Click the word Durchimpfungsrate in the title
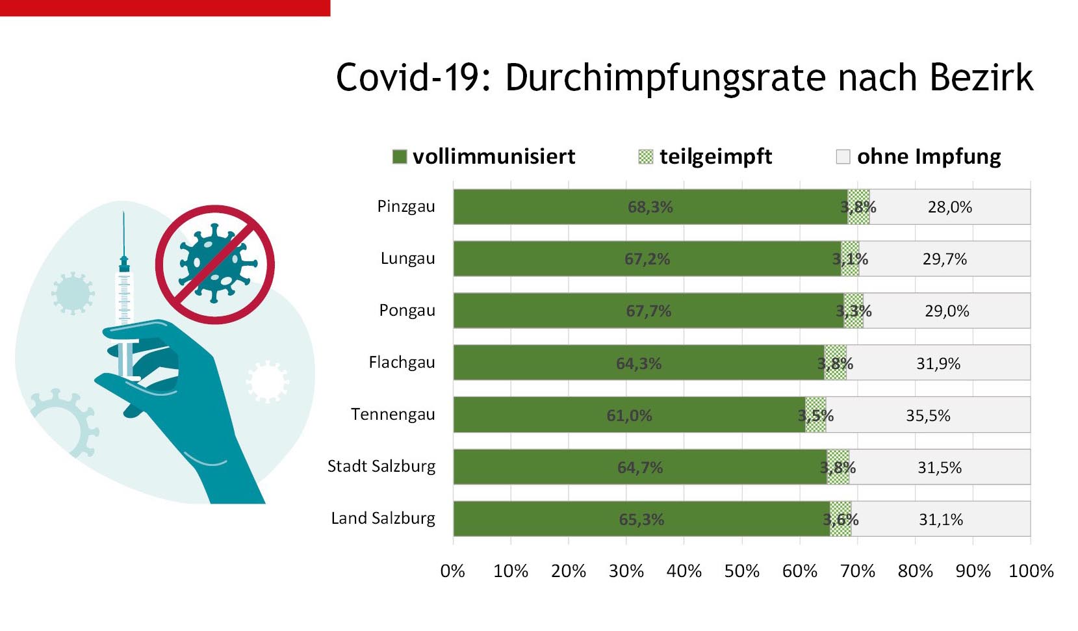[666, 79]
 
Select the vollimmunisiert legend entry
[484, 157]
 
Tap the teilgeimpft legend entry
[706, 157]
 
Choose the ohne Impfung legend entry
[919, 157]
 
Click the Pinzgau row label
[406, 207]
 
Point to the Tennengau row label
[392, 415]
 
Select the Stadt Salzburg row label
[381, 467]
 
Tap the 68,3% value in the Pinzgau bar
[650, 207]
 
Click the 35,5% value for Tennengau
[928, 415]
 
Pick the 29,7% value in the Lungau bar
[944, 259]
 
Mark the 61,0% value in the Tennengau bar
[629, 415]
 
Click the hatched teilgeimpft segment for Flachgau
[836, 363]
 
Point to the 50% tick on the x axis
[741, 571]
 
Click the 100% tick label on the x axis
[1031, 571]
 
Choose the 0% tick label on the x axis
[453, 571]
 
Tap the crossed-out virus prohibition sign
[214, 264]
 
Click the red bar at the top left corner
[165, 8]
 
